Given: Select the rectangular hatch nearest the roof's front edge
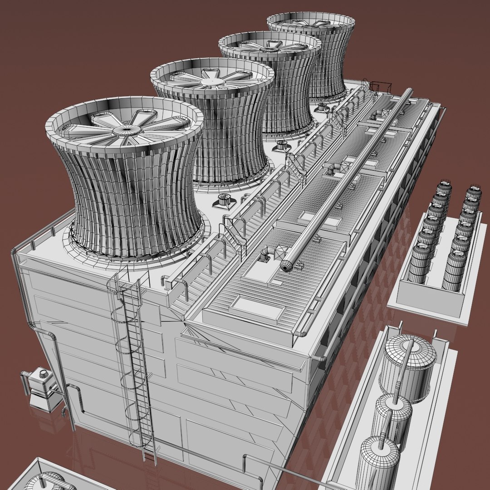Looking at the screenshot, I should click(257, 308).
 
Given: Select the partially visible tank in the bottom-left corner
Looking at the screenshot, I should click(45, 481).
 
